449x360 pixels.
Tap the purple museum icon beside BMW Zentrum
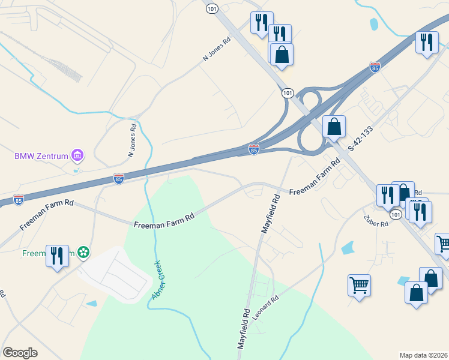coord(77,156)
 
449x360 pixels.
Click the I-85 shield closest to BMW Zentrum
coord(119,179)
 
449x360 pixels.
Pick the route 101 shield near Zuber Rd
coord(394,214)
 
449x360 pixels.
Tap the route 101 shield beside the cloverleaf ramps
coord(288,93)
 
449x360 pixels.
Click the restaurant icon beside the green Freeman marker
coord(57,255)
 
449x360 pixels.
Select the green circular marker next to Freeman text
coord(83,253)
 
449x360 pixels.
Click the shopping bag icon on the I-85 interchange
coord(334,127)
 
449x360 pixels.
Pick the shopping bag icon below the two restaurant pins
coord(282,55)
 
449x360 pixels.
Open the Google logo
coord(20,353)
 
